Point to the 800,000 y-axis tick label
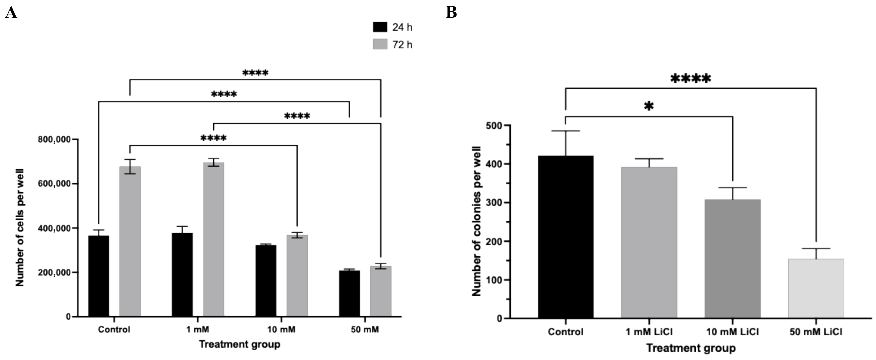(x=54, y=139)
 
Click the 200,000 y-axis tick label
(x=54, y=273)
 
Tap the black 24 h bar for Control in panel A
(x=99, y=276)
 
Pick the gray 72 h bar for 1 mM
(x=214, y=240)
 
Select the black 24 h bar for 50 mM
(x=349, y=294)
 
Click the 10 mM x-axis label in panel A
(x=281, y=329)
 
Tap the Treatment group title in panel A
(x=240, y=344)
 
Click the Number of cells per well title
(x=20, y=228)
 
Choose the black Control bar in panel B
(x=565, y=237)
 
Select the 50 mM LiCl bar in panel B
(x=816, y=289)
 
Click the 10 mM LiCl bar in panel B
(x=732, y=259)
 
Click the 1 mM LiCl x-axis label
(x=649, y=332)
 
